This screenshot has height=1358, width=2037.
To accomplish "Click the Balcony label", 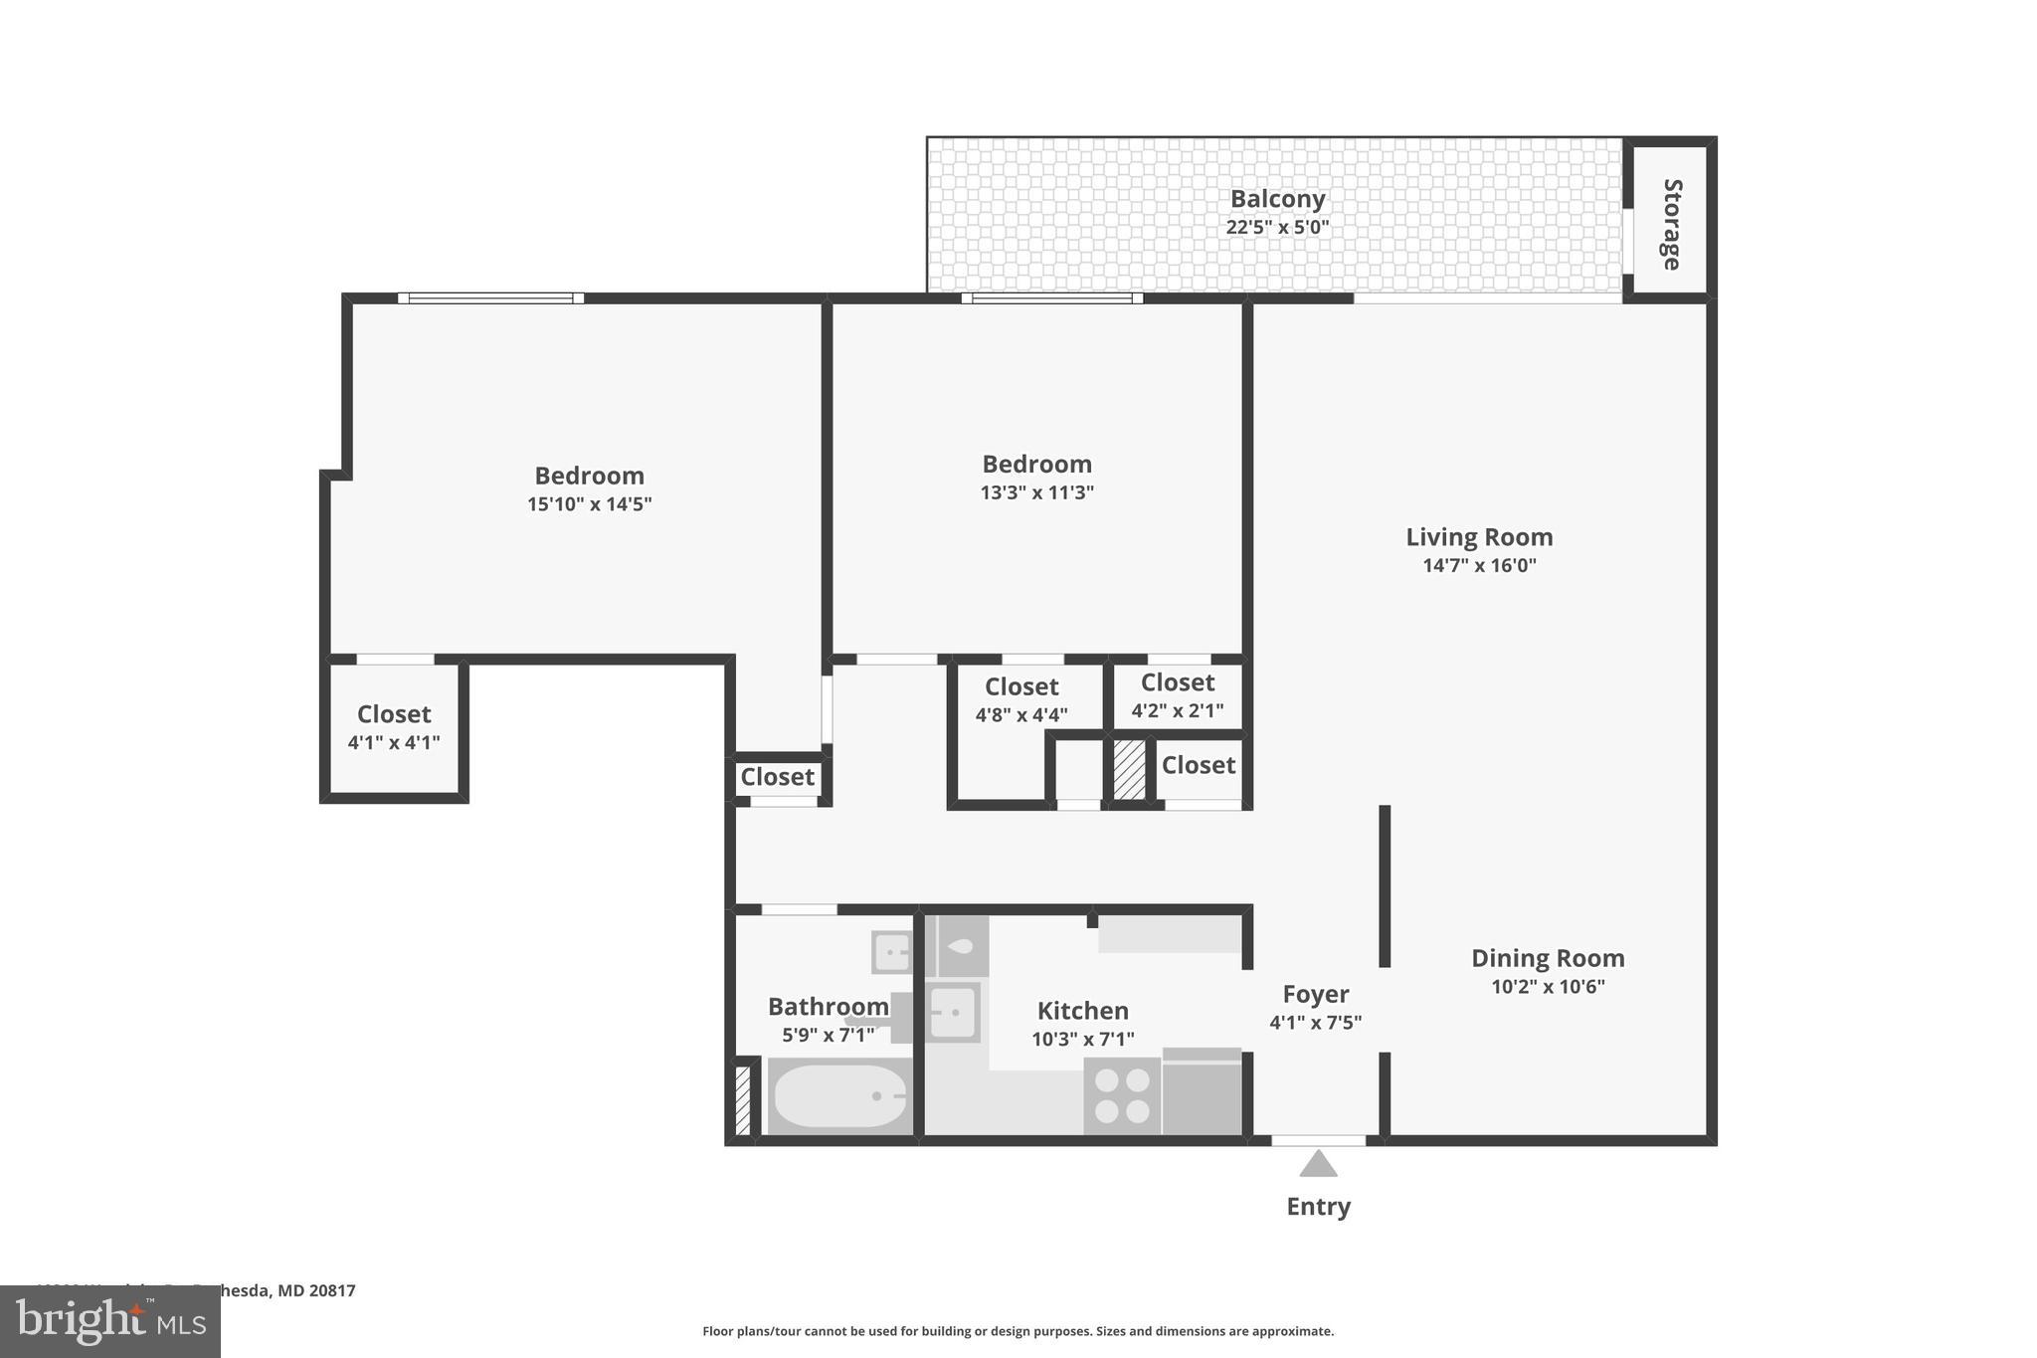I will click(x=1277, y=199).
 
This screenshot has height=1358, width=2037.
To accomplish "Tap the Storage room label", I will click(x=1671, y=224).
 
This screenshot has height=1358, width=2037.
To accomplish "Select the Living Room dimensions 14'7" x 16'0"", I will click(x=1479, y=566).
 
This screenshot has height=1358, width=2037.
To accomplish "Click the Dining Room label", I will click(x=1547, y=958).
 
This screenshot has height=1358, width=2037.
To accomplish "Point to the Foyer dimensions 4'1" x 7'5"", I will click(x=1315, y=1022).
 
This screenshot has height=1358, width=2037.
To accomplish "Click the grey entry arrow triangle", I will click(x=1318, y=1164).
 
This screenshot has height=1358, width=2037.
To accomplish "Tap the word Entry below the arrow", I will click(x=1318, y=1207).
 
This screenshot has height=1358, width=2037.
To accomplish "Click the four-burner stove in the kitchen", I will click(x=1122, y=1096).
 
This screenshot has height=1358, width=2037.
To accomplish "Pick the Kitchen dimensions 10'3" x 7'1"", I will click(x=1082, y=1040).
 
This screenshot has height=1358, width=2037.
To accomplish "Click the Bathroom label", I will click(x=828, y=1007).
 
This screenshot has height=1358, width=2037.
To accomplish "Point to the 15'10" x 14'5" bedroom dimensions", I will click(x=589, y=504).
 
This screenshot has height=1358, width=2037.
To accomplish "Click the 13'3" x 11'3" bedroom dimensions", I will click(x=1036, y=492).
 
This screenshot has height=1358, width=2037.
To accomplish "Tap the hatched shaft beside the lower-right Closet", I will click(x=1129, y=769).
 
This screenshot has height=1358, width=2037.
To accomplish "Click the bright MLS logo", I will click(x=109, y=1321).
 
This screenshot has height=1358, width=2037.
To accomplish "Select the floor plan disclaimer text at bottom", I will click(x=1018, y=1331).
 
